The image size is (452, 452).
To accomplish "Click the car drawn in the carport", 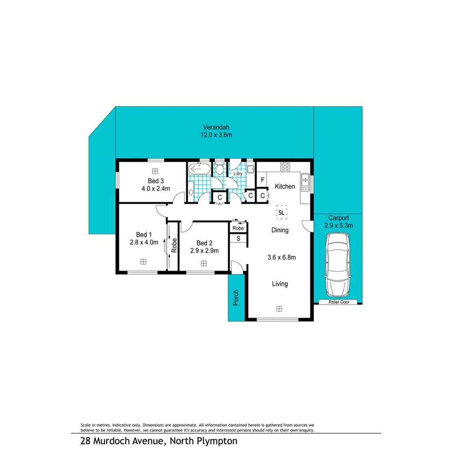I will tap(338, 264).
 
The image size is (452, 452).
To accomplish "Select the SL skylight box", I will tap(281, 211).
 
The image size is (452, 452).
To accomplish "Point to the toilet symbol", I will tap(220, 170).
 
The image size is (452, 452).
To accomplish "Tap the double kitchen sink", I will tap(305, 180).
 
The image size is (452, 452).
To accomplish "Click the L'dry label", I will tap(238, 174).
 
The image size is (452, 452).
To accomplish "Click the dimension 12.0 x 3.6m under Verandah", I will tap(217, 135).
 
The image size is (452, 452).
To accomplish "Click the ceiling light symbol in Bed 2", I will tap(204, 263).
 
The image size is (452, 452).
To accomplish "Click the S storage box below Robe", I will tap(238, 238).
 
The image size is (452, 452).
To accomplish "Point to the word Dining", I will tap(280, 230).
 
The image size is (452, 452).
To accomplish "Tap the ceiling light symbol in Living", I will tap(279, 308).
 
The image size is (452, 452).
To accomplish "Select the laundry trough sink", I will tap(251, 169).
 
